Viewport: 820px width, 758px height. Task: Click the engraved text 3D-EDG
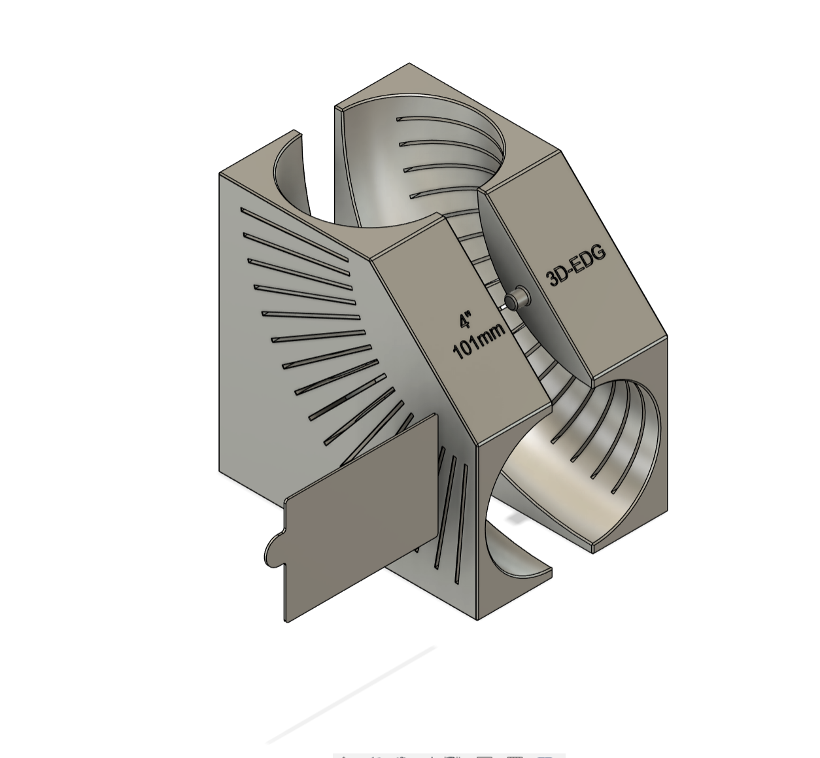coord(576,264)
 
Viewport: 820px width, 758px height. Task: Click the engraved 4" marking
coord(465,320)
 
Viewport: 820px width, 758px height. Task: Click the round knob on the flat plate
coord(273,551)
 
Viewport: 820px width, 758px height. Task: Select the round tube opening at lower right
coord(589,458)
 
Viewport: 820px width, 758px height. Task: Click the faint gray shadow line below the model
coord(353,693)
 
